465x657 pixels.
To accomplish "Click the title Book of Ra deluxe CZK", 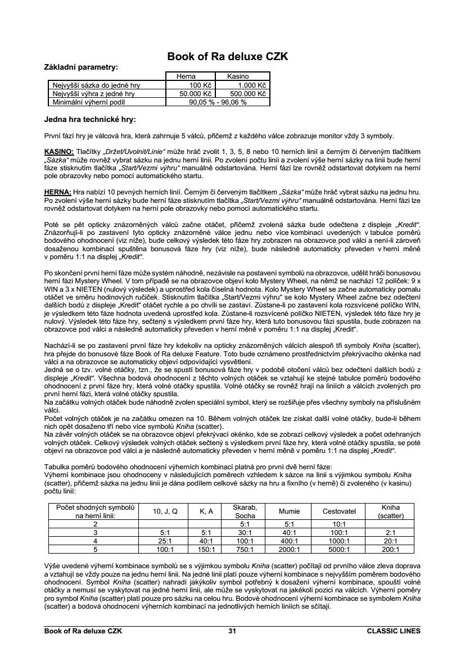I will (x=232, y=57).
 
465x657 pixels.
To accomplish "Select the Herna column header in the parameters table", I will (x=186, y=75).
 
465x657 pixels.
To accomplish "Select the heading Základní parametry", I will (x=81, y=67).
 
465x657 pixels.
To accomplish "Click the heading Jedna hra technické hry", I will (x=89, y=120).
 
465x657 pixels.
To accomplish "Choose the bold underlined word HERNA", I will (x=57, y=192).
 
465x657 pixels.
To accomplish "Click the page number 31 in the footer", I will (x=232, y=631).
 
